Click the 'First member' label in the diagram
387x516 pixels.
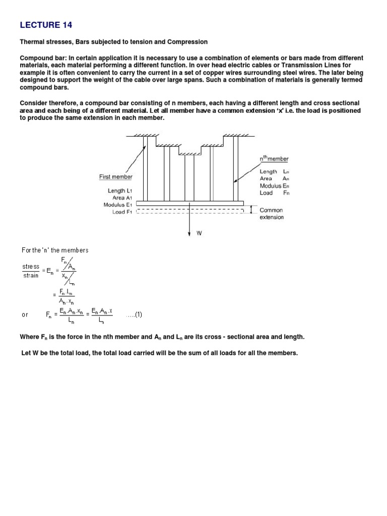click(x=115, y=177)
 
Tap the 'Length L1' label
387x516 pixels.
click(x=119, y=191)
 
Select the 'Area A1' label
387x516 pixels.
click(x=122, y=198)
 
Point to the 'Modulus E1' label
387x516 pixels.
click(x=117, y=205)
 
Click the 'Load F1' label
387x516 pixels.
click(x=121, y=212)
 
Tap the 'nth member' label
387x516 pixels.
click(x=274, y=159)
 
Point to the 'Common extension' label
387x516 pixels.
click(x=272, y=214)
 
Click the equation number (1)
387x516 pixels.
click(x=135, y=315)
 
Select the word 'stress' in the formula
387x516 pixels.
click(x=30, y=267)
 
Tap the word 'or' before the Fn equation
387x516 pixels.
click(x=25, y=315)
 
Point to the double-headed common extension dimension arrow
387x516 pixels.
click(x=251, y=209)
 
